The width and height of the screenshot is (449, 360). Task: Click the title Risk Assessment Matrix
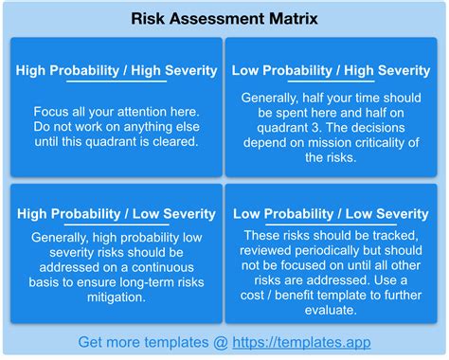click(x=224, y=18)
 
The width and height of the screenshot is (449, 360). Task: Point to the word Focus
click(x=52, y=111)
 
